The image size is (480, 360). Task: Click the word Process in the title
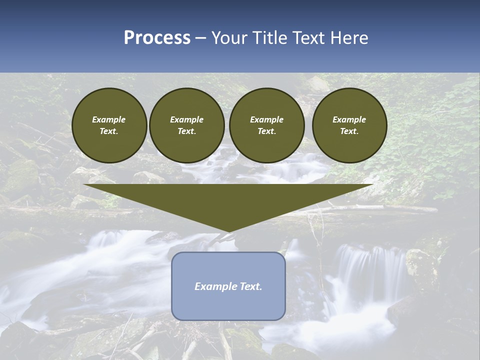point(157,38)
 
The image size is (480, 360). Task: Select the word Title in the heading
point(273,38)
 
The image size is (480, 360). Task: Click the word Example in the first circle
point(109,119)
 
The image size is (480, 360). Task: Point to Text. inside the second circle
point(186,131)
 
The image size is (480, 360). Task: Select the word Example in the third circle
point(266,119)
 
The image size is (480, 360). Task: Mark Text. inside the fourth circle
point(349,131)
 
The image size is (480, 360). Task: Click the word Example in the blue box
point(215,286)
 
